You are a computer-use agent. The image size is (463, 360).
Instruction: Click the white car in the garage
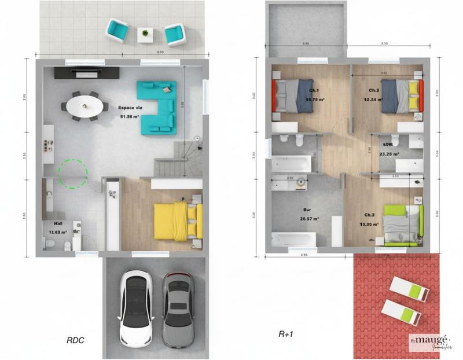(135, 307)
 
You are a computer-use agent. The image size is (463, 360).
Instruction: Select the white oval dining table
(86, 106)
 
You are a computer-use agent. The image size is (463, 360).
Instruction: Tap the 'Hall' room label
(58, 222)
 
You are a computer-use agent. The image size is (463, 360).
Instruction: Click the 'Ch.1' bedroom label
(314, 91)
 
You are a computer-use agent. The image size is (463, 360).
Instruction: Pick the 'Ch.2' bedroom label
(374, 91)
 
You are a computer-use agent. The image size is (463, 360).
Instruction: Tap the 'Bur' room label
(307, 211)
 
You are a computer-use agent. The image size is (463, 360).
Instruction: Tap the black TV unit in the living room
(87, 73)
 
